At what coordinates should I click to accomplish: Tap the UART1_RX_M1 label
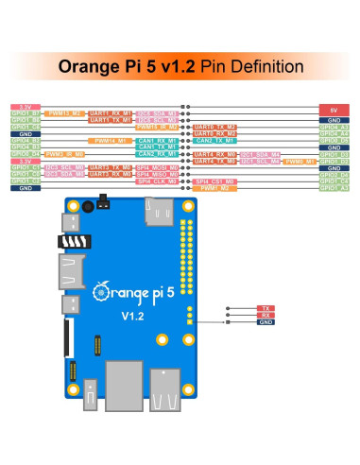(x=110, y=113)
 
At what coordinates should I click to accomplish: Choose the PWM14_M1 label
(x=110, y=140)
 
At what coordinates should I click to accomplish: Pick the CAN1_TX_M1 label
(x=154, y=146)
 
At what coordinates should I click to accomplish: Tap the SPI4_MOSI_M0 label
(x=154, y=174)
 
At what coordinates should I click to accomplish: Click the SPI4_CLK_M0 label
(x=154, y=181)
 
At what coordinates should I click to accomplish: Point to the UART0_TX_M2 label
(x=215, y=127)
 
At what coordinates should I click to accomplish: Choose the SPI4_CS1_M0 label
(x=215, y=181)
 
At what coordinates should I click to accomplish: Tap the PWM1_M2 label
(x=215, y=187)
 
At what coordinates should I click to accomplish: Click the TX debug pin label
(x=266, y=308)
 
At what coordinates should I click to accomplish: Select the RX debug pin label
(x=266, y=315)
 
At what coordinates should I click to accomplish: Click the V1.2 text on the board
(x=129, y=316)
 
